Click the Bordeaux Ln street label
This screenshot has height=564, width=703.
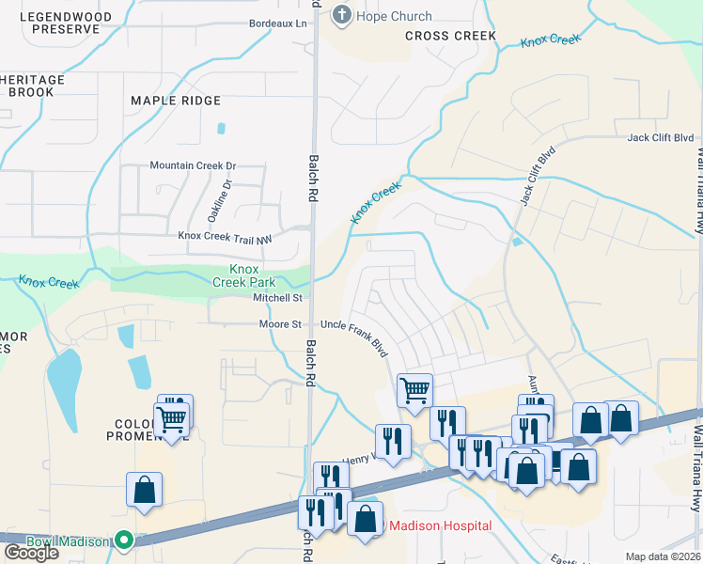click(278, 23)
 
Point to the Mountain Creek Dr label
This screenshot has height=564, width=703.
click(193, 165)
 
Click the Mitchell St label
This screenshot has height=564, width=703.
click(277, 298)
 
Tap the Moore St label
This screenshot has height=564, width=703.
click(280, 324)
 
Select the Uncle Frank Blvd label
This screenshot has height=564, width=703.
click(354, 337)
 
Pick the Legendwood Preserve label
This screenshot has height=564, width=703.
click(65, 23)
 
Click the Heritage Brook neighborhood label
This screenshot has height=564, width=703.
click(33, 86)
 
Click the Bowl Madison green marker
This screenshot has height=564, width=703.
click(122, 540)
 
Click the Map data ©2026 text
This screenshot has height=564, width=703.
click(663, 556)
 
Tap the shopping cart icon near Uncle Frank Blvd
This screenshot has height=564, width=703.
click(414, 389)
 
